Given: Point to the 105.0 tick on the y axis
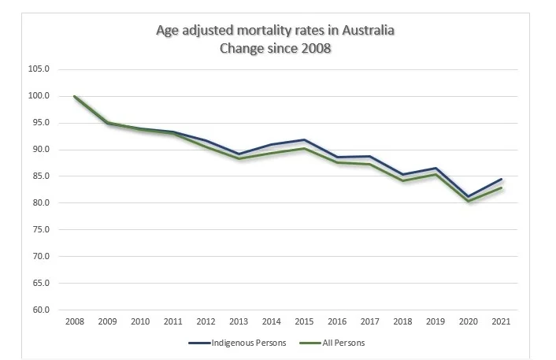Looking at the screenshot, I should [x=39, y=69].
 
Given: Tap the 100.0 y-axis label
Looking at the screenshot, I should [x=39, y=96].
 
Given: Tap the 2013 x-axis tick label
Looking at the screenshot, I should [x=238, y=321].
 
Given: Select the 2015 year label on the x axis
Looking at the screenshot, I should [x=303, y=321].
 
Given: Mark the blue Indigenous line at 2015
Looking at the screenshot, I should [x=303, y=139].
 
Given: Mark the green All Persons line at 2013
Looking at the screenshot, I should [x=238, y=158].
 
